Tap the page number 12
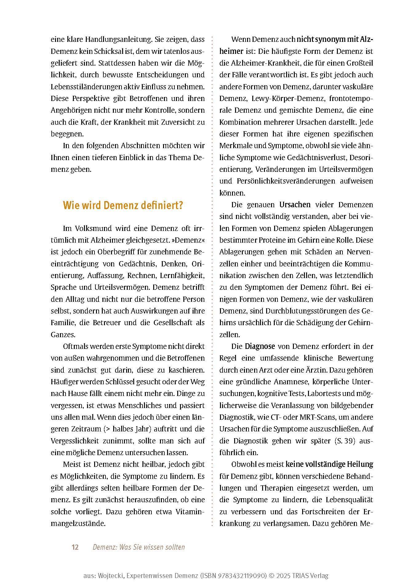[x=75, y=547]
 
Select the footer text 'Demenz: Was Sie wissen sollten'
[x=138, y=547]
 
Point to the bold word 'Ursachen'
[x=295, y=205]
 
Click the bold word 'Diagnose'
[x=260, y=346]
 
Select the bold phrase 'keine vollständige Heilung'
[x=329, y=464]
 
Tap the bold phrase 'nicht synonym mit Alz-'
[x=335, y=39]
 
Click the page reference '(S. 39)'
[x=345, y=441]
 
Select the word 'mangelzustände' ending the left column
[x=78, y=523]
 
